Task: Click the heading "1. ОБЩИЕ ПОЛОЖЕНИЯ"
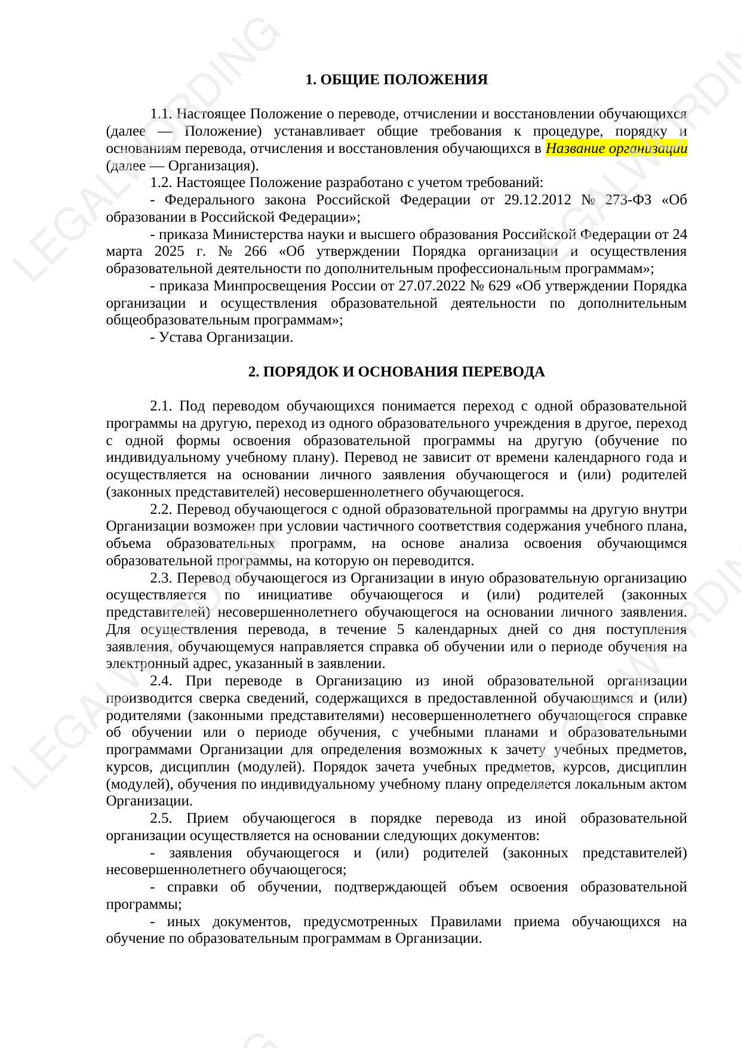tap(396, 79)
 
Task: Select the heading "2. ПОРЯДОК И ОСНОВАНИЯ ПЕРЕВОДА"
tap(396, 372)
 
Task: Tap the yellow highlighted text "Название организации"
tap(616, 148)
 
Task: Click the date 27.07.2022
tap(430, 286)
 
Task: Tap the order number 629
tap(499, 286)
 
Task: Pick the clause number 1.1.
tap(161, 114)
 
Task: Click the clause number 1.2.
tap(161, 182)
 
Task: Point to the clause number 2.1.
tap(161, 406)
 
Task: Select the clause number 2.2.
tap(161, 509)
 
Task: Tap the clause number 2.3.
tap(161, 578)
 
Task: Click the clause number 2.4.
tap(161, 681)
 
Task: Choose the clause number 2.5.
tap(161, 818)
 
